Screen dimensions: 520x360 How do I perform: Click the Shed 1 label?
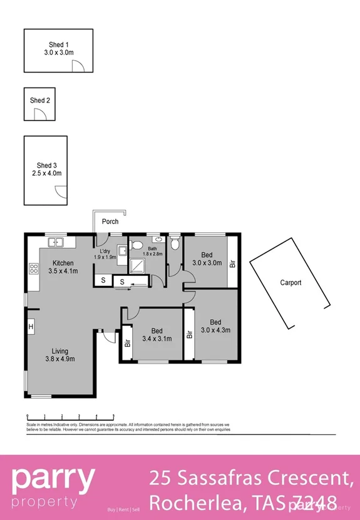(59, 44)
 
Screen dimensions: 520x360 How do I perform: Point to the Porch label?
(110, 222)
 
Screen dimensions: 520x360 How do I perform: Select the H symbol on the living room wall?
(29, 326)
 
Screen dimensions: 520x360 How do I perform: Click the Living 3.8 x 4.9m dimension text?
(60, 359)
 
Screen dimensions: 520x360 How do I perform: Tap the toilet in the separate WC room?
(175, 242)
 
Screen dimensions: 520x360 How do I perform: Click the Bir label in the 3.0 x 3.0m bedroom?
(232, 264)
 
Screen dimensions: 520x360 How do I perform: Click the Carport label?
(290, 283)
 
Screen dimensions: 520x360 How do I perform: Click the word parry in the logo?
(53, 480)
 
